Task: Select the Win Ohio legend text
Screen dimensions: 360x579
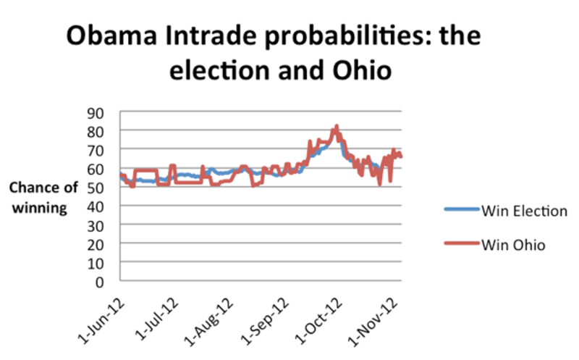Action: coord(513,245)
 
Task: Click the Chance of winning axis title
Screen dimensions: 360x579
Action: coord(43,198)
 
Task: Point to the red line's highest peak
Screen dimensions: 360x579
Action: coord(337,126)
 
